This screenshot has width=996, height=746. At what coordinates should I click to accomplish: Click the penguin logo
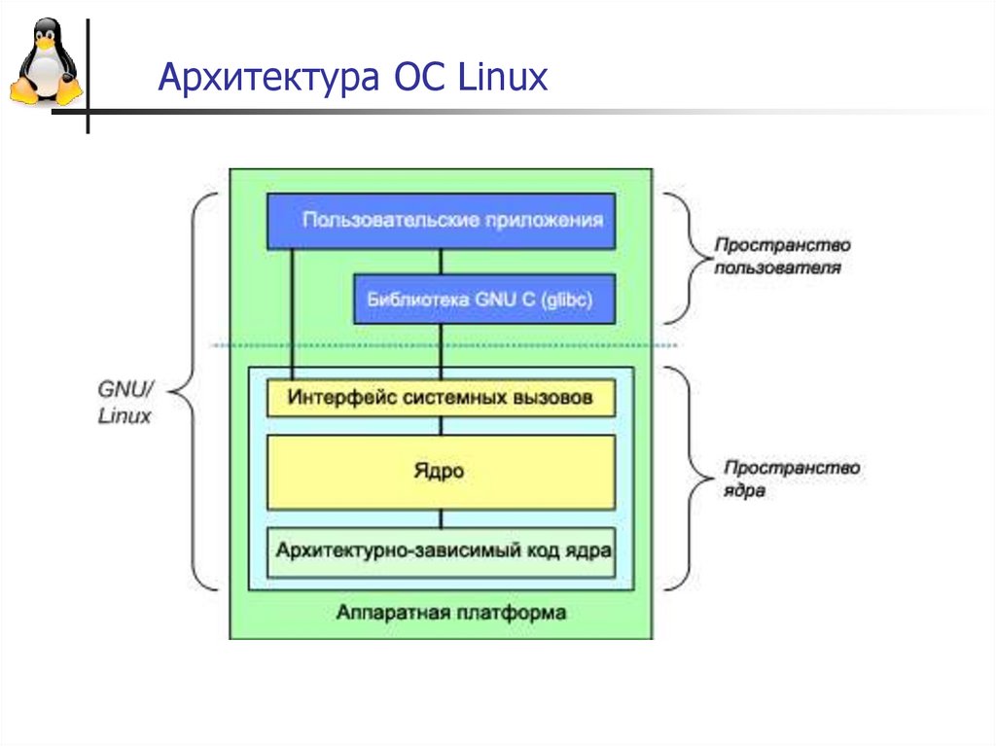[45, 64]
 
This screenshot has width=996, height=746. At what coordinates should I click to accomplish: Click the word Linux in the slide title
[503, 78]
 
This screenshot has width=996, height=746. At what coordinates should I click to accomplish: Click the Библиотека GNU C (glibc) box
[484, 299]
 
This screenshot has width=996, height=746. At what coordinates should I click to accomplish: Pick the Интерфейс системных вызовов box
[441, 398]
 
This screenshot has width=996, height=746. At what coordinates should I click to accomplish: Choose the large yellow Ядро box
[441, 473]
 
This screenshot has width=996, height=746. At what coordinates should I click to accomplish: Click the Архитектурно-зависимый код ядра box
[441, 551]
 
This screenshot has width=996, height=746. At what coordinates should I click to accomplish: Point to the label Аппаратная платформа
[450, 613]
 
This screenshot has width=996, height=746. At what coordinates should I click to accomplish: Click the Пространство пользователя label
[782, 257]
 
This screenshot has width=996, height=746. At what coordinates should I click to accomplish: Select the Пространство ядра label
[791, 479]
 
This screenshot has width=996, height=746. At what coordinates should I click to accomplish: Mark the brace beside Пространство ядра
[686, 478]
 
